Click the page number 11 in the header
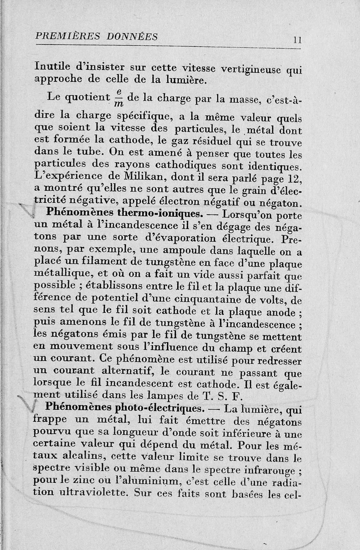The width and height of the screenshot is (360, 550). tap(297, 40)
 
